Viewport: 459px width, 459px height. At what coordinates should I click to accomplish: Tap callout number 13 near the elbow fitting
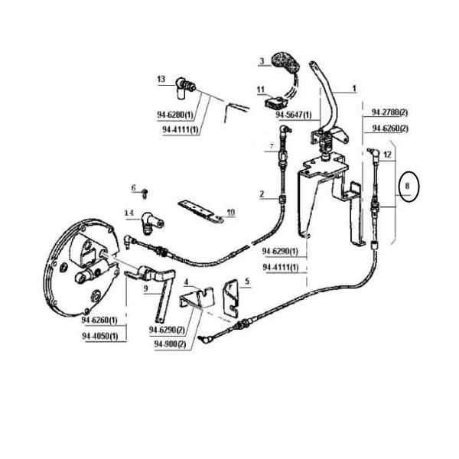point(161,80)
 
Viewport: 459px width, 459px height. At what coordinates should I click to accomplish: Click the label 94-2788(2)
point(389,112)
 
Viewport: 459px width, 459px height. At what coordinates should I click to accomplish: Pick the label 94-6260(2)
point(389,128)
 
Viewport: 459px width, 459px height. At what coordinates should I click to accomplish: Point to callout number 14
point(129,213)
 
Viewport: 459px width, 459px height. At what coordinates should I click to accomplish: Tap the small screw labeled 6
point(144,189)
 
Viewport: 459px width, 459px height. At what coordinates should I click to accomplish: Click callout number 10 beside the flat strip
point(231,212)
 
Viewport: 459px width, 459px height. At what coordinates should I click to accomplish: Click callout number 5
point(246,282)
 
